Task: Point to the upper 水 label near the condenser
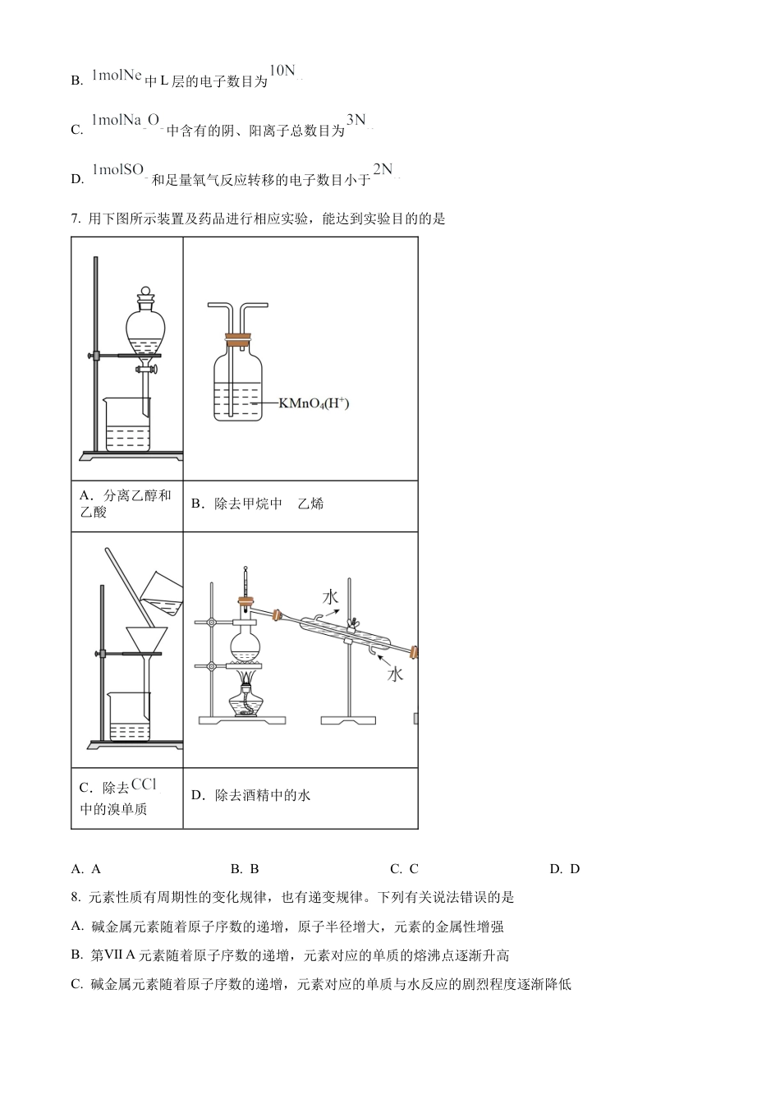pos(330,596)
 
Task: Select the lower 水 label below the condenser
pos(396,674)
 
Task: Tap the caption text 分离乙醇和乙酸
pos(126,504)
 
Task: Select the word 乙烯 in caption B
pos(310,504)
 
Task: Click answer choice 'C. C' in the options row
pos(404,869)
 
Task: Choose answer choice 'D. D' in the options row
pos(564,869)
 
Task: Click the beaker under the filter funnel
pos(129,715)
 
